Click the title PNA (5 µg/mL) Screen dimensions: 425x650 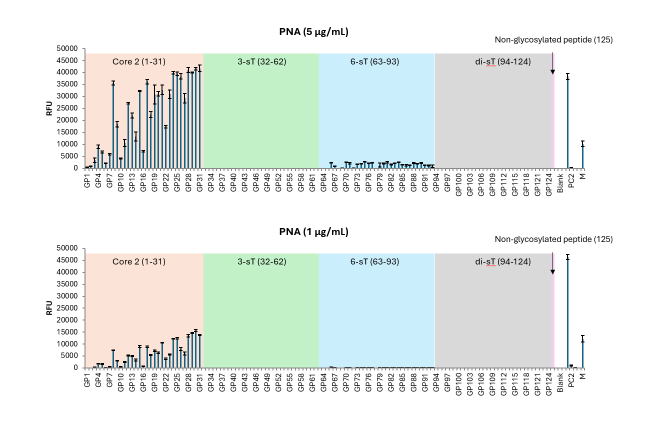[313, 32]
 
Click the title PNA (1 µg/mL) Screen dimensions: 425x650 [313, 231]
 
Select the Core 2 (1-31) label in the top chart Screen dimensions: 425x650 [138, 61]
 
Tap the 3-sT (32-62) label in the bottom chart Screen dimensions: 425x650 [261, 261]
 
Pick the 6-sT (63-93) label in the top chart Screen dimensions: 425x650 [374, 61]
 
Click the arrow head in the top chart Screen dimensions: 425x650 [552, 71]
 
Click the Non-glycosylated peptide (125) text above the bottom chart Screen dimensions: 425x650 [553, 239]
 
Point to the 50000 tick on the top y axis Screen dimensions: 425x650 [67, 48]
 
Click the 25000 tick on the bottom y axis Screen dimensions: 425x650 [67, 308]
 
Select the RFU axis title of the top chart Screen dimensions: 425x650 [49, 108]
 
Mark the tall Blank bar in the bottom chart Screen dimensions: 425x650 [567, 312]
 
